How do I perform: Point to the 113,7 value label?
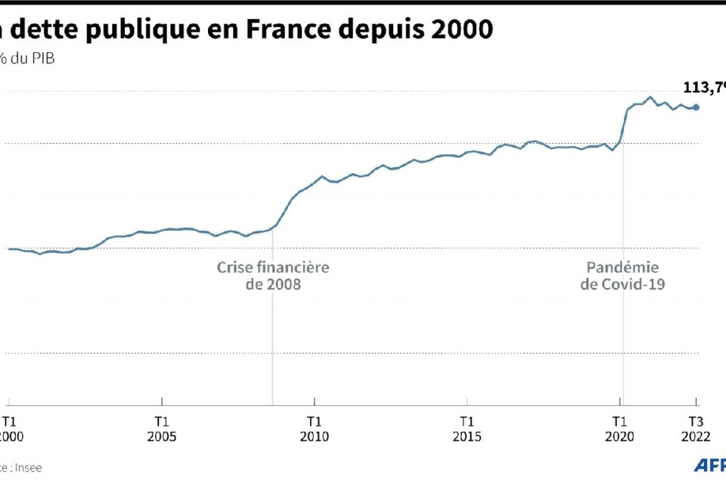(703, 87)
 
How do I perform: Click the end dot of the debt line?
(697, 107)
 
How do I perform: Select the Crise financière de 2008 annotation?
(273, 276)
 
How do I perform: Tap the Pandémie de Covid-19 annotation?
(622, 276)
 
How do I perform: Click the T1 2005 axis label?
(162, 429)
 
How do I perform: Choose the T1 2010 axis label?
(315, 429)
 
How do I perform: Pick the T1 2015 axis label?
(467, 429)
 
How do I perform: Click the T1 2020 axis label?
(621, 429)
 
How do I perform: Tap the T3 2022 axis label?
(697, 429)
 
